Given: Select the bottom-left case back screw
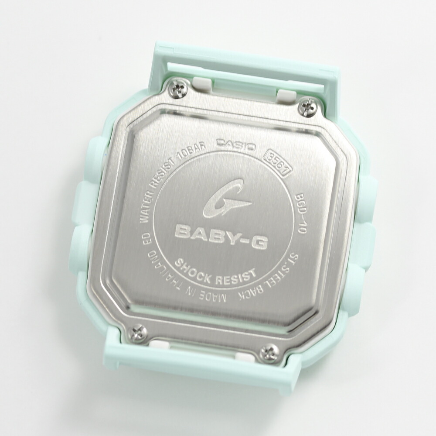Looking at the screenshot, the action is pos(137,331).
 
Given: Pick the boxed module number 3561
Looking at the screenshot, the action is pos(277,162).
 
